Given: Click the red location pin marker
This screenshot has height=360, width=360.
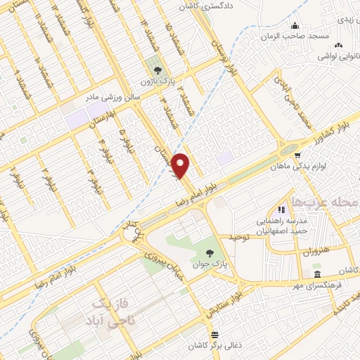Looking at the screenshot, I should (x=181, y=166).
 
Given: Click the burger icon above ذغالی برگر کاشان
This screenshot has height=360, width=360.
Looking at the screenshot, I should (x=214, y=334).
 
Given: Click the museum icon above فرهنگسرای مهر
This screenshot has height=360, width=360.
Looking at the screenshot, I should (x=318, y=274).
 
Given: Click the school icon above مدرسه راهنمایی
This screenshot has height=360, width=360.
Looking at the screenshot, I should (x=281, y=209).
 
